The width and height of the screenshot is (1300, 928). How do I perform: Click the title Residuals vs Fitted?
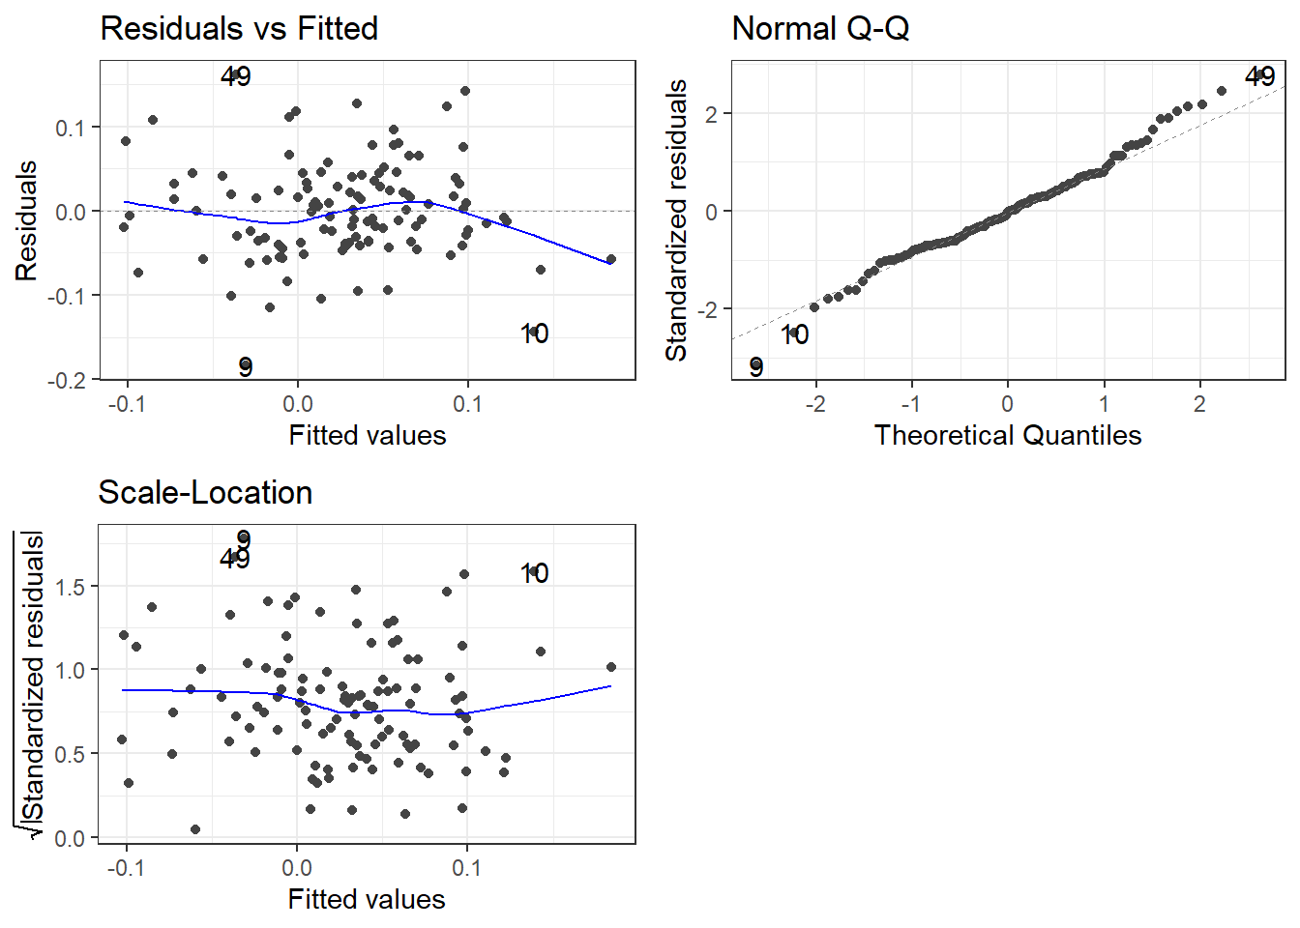pyautogui.click(x=239, y=28)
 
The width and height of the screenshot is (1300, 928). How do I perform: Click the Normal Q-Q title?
pyautogui.click(x=820, y=28)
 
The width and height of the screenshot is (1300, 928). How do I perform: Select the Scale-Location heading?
pyautogui.click(x=205, y=492)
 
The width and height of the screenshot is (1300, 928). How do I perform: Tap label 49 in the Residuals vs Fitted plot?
pyautogui.click(x=236, y=76)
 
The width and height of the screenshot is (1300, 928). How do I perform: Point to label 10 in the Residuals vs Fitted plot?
pyautogui.click(x=534, y=334)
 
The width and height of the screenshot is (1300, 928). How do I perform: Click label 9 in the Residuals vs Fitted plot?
pyautogui.click(x=246, y=367)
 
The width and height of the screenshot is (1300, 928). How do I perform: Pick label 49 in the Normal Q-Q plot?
pyautogui.click(x=1260, y=76)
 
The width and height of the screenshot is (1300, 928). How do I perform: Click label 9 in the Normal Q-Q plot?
pyautogui.click(x=756, y=367)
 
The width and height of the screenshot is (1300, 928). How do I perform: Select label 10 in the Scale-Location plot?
pyautogui.click(x=534, y=573)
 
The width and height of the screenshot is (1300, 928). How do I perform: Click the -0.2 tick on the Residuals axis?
pyautogui.click(x=67, y=380)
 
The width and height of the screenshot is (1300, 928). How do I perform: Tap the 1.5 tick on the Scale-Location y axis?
pyautogui.click(x=70, y=586)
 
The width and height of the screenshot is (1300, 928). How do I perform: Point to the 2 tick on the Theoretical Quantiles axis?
pyautogui.click(x=1199, y=404)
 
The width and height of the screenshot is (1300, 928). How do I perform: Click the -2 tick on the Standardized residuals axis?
pyautogui.click(x=712, y=309)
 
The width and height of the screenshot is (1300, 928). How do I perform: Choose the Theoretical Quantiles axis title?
pyautogui.click(x=1008, y=435)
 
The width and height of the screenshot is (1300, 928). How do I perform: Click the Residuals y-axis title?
pyautogui.click(x=26, y=220)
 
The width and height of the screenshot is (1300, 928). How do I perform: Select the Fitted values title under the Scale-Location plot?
pyautogui.click(x=367, y=899)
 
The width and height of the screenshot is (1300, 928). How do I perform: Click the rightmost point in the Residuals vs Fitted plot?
pyautogui.click(x=611, y=260)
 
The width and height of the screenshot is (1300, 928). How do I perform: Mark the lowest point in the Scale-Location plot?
pyautogui.click(x=195, y=829)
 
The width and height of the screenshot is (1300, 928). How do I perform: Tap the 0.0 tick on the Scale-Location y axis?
pyautogui.click(x=70, y=838)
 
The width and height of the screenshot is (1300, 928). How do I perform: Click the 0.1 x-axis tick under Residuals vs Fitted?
pyautogui.click(x=467, y=404)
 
